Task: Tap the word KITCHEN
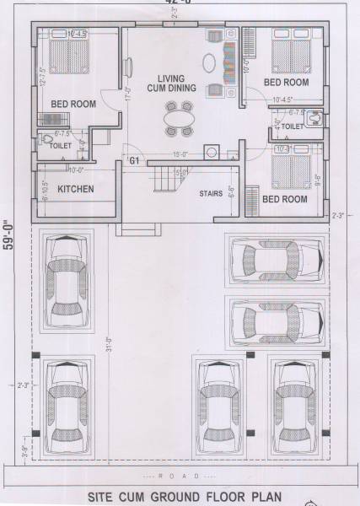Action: (x=75, y=190)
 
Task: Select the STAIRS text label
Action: (x=211, y=193)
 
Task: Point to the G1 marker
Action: (x=133, y=159)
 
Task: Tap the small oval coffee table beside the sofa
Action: (x=209, y=63)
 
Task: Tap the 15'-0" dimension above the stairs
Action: (x=179, y=154)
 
